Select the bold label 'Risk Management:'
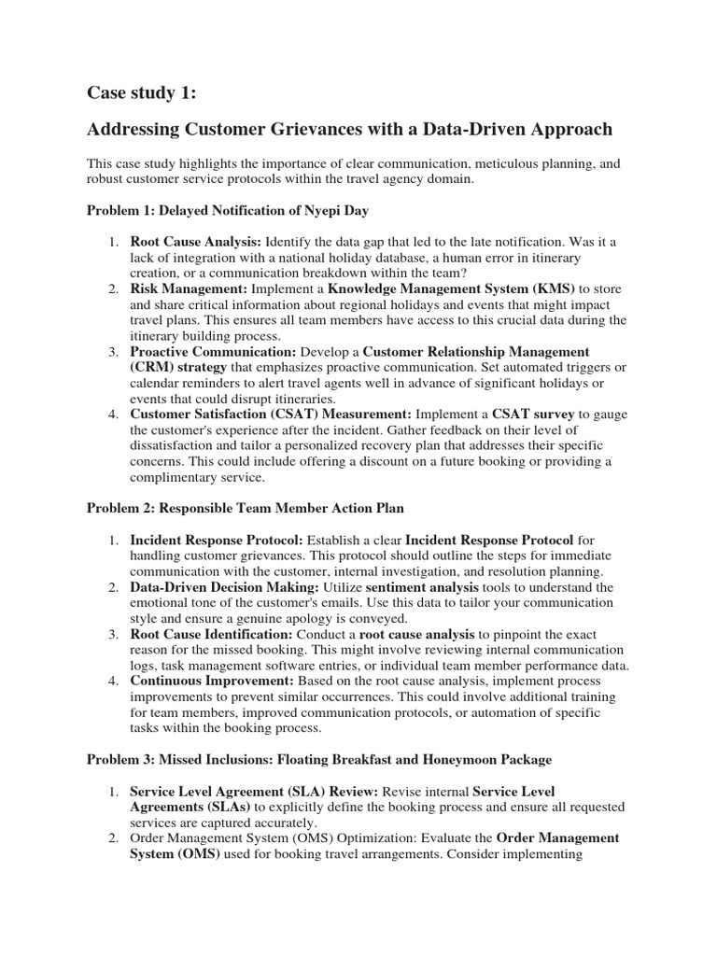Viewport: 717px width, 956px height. [x=182, y=288]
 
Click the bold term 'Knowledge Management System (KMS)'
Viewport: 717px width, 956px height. [x=453, y=288]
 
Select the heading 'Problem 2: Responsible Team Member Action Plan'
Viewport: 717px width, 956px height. [x=245, y=508]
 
